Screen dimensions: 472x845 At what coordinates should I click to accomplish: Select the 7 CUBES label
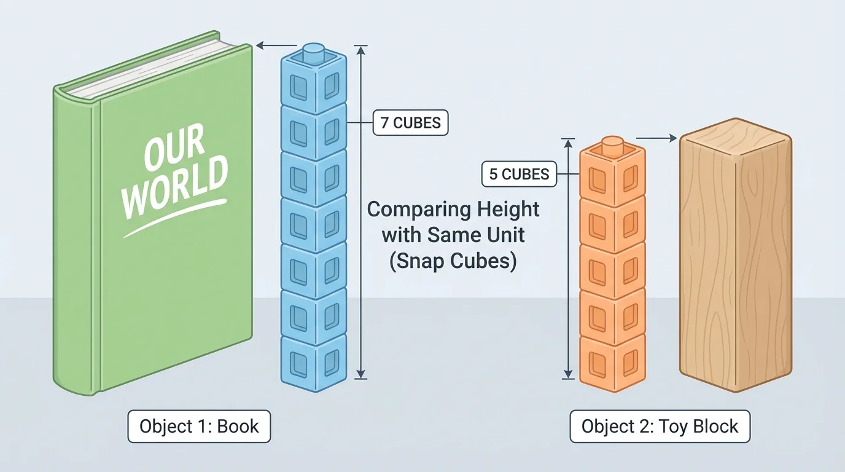click(x=411, y=122)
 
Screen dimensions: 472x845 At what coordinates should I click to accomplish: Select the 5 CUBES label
click(x=519, y=175)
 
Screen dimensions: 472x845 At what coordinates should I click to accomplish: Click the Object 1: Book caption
click(x=199, y=426)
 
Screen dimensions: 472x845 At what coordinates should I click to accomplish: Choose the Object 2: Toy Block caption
click(x=660, y=426)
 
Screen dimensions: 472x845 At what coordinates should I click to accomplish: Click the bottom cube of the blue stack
click(x=314, y=363)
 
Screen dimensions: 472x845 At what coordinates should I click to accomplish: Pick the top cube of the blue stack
click(x=314, y=83)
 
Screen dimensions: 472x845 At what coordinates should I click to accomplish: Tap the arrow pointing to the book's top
click(x=275, y=45)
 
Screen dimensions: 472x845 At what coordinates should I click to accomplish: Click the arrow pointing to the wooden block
click(x=656, y=139)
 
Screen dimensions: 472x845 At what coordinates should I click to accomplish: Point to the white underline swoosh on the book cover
click(x=175, y=218)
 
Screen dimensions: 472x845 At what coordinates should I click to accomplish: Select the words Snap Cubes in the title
click(x=453, y=261)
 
